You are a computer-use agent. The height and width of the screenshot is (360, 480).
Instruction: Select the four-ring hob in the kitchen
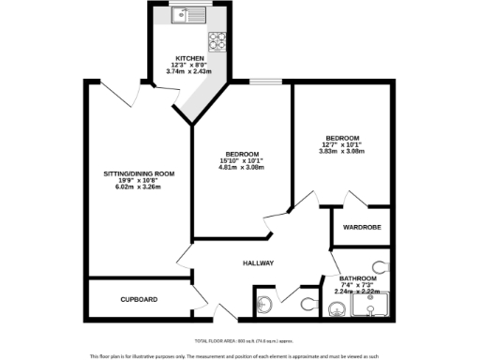[217, 39]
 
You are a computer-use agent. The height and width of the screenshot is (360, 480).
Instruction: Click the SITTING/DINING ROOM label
[139, 173]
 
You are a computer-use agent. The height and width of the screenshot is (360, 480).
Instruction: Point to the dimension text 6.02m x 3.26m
[139, 187]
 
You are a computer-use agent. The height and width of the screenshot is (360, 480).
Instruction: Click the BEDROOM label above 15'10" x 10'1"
[243, 153]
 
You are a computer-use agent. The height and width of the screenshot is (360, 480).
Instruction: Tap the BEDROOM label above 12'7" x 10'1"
[342, 137]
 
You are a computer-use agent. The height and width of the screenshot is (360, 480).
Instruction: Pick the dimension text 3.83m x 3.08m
[342, 151]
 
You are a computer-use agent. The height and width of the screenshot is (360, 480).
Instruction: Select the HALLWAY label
[258, 263]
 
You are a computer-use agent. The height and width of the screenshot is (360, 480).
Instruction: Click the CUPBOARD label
[139, 299]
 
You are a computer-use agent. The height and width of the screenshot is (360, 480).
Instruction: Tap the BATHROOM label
[358, 278]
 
